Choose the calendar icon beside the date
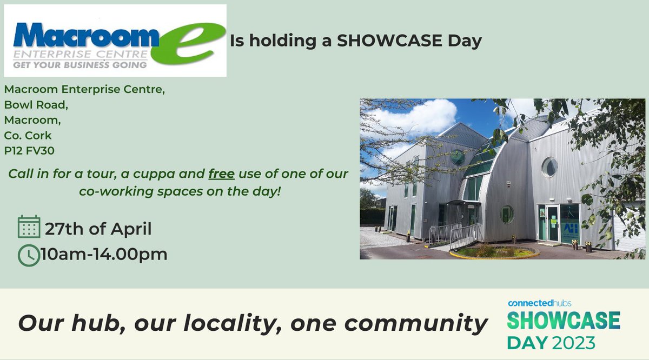tap(29, 227)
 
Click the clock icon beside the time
tap(29, 255)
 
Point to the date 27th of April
tap(98, 229)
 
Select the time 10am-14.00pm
tap(106, 255)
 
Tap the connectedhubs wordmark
tap(539, 303)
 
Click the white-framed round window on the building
tap(549, 166)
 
